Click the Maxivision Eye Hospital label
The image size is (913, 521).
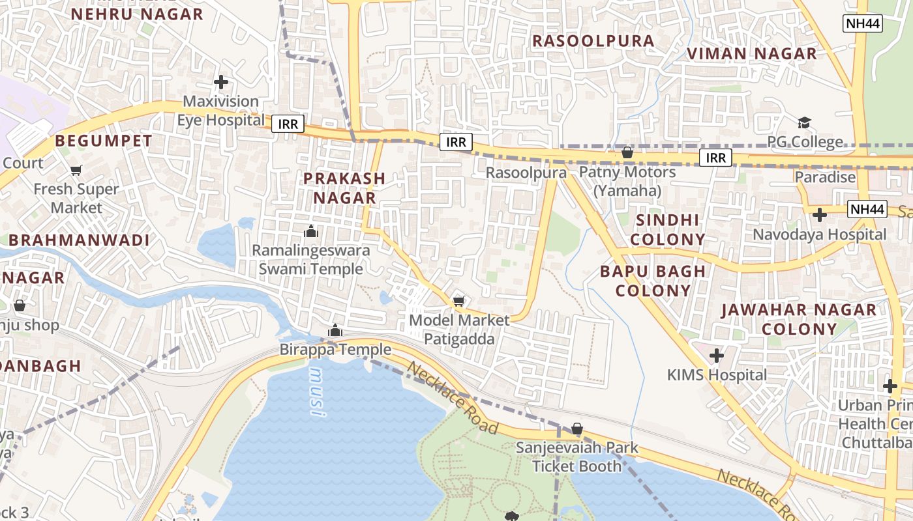[x=221, y=111]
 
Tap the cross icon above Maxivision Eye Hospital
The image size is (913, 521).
[x=221, y=83]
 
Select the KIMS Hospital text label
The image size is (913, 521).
[x=717, y=375]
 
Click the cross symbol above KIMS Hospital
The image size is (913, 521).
[x=717, y=356]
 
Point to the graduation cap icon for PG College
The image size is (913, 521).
[x=804, y=123]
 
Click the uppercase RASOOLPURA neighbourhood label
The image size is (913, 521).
[x=593, y=41]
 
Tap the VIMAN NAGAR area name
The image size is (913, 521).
[x=752, y=54]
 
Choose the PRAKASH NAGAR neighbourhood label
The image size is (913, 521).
[x=344, y=188]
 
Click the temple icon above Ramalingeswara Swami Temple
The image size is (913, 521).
[x=311, y=231]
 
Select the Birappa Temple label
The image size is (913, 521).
[x=335, y=350]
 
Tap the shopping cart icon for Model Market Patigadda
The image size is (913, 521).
[x=458, y=300]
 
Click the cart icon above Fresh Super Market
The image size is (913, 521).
[x=76, y=171]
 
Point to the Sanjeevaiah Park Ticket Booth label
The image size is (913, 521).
[x=577, y=457]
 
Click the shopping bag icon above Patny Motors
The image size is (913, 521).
[x=627, y=153]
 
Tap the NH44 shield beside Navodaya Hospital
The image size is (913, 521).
[x=867, y=210]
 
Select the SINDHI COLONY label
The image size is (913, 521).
[x=667, y=230]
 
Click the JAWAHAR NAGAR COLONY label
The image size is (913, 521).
[x=799, y=319]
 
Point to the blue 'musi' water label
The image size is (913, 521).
[x=316, y=391]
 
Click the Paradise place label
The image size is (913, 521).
[x=824, y=177]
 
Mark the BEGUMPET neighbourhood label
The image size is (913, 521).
[x=103, y=141]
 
